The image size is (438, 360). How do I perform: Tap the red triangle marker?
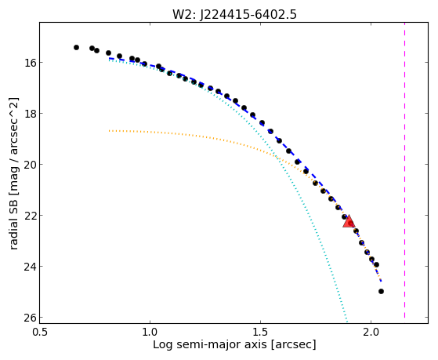point(349,221)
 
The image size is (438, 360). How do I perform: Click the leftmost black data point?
point(76,48)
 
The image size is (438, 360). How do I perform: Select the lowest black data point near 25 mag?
point(381,292)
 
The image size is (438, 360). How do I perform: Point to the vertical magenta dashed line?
point(405,170)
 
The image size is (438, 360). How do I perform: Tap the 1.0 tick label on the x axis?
point(150,332)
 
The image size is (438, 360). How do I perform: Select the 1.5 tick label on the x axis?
point(260,332)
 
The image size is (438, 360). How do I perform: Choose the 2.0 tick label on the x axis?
point(371,332)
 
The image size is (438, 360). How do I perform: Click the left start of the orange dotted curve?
point(109,131)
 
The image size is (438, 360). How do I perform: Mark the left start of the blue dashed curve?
point(109,58)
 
